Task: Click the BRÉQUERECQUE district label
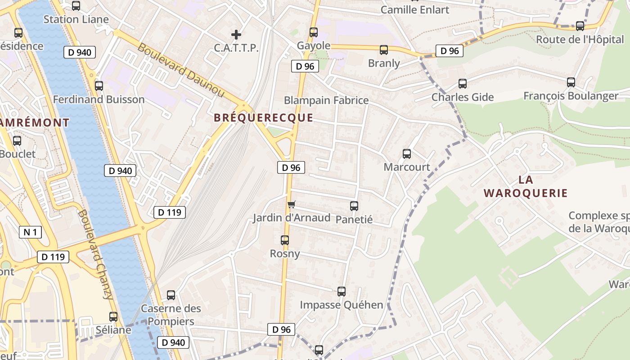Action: (263, 118)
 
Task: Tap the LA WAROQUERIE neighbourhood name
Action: (526, 186)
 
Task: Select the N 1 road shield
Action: (30, 232)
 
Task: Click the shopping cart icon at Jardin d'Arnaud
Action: (292, 205)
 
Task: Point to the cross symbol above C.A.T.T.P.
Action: (236, 34)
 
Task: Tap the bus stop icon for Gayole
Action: (314, 32)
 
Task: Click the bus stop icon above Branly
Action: (384, 50)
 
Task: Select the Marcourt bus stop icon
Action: (407, 154)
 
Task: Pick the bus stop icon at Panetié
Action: (354, 206)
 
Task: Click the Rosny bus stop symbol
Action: (285, 240)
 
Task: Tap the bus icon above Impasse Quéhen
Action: (342, 292)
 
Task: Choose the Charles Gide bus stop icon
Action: (463, 84)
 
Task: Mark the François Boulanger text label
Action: (571, 96)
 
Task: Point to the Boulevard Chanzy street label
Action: (95, 254)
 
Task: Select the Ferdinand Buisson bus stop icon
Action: (99, 86)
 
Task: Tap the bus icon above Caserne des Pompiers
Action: (171, 295)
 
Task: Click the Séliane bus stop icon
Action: (113, 317)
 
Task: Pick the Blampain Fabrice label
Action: (326, 100)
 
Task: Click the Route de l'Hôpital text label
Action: (580, 39)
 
